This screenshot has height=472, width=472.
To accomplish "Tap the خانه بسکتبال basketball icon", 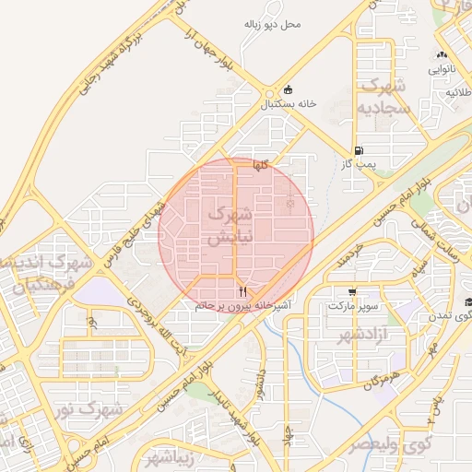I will click(289, 90).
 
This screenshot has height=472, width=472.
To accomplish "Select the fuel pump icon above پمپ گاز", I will click(358, 150).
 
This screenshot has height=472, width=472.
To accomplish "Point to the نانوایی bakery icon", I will click(442, 54).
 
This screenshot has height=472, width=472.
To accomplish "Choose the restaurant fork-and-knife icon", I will click(242, 291).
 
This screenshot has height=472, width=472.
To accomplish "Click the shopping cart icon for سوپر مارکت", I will click(351, 291).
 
